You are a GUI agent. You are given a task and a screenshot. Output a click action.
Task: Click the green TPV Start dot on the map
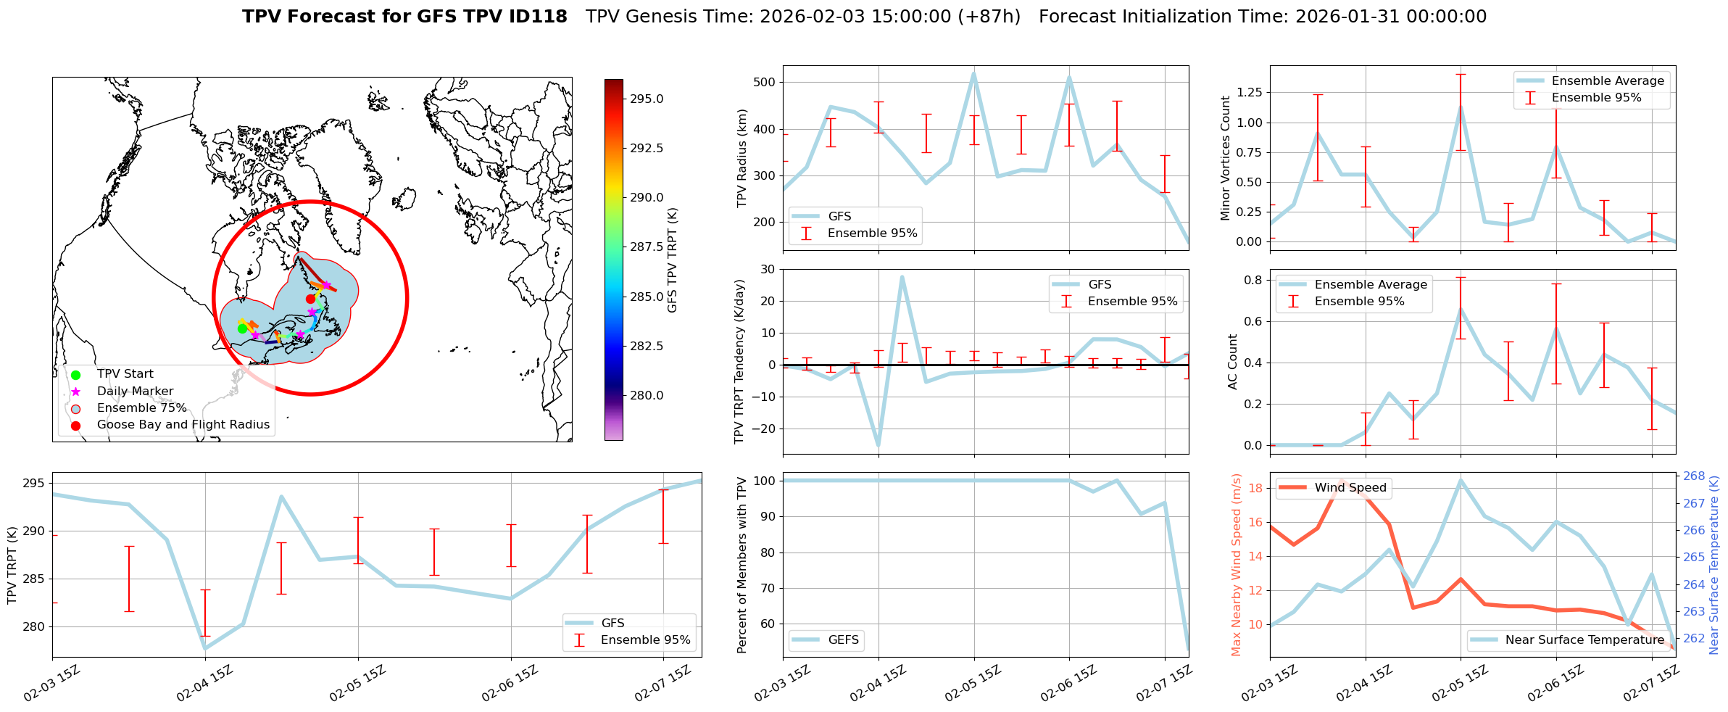click(x=242, y=328)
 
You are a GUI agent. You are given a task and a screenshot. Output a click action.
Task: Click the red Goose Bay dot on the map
click(x=310, y=299)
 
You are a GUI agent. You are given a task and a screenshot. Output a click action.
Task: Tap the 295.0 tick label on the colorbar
click(x=647, y=99)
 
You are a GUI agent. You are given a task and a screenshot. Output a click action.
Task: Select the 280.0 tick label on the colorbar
click(x=647, y=396)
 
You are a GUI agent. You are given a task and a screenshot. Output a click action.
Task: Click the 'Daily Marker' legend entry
click(x=135, y=392)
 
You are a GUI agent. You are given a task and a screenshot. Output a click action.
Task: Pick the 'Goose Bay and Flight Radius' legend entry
click(x=183, y=425)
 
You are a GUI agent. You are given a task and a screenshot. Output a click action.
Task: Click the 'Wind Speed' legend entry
click(x=1350, y=488)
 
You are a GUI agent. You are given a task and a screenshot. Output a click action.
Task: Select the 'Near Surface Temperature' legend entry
click(x=1584, y=640)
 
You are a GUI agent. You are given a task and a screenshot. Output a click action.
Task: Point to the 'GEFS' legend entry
click(x=843, y=640)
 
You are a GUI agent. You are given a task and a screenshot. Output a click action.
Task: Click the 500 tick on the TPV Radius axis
click(x=765, y=83)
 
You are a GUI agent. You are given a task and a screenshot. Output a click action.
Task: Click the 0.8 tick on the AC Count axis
click(x=1253, y=281)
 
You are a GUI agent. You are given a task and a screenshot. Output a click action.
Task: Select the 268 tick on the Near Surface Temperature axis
click(x=1694, y=476)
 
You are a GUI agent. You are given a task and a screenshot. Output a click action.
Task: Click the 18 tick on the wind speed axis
click(x=1255, y=489)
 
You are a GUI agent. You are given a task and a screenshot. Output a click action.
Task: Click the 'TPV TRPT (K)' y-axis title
click(x=12, y=566)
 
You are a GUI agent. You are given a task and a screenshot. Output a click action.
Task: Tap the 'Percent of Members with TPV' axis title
click(x=742, y=566)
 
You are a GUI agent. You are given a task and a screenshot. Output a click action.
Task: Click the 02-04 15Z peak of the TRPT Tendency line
click(x=902, y=276)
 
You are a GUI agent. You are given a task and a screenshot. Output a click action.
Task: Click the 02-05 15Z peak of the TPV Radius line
click(x=973, y=73)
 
